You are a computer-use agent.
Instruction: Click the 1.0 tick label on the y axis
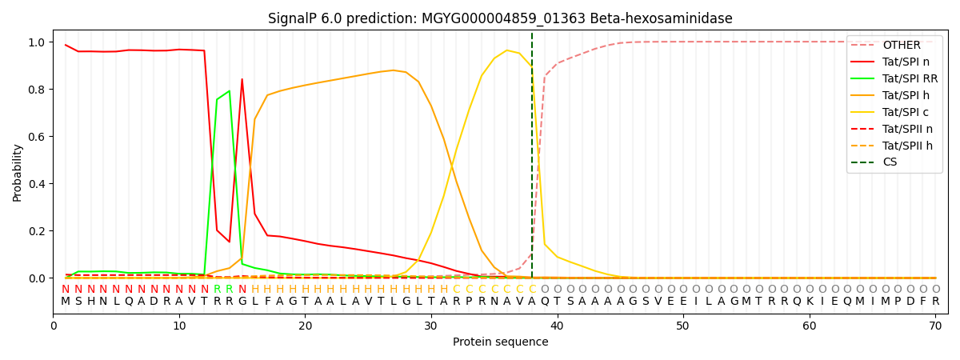pyautogui.click(x=38, y=42)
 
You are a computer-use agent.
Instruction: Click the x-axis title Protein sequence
pyautogui.click(x=501, y=342)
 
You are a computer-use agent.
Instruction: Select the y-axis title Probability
pyautogui.click(x=18, y=172)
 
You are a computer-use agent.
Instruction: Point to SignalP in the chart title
pyautogui.click(x=294, y=18)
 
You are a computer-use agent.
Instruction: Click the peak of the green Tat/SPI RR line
pyautogui.click(x=230, y=91)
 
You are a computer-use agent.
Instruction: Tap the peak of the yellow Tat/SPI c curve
pyautogui.click(x=506, y=50)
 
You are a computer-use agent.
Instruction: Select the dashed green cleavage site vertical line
pyautogui.click(x=532, y=160)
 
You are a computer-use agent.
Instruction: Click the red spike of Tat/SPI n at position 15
pyautogui.click(x=242, y=79)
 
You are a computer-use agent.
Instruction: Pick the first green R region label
pyautogui.click(x=217, y=290)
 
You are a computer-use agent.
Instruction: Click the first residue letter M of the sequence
pyautogui.click(x=66, y=302)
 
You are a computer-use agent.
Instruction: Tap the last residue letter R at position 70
pyautogui.click(x=935, y=302)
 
